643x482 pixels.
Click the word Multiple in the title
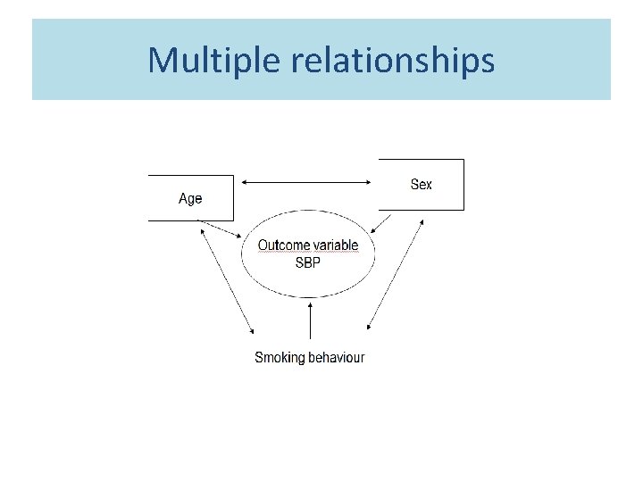point(205,61)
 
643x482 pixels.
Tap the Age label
point(190,198)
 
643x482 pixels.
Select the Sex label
point(421,184)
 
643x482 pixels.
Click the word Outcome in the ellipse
point(283,245)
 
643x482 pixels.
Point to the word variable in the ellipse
point(335,245)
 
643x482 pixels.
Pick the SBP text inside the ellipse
point(308,262)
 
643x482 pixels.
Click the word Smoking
point(280,357)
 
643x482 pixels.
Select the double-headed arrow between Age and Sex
point(307,182)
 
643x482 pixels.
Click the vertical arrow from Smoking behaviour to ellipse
point(309,321)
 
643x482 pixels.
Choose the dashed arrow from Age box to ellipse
point(220,229)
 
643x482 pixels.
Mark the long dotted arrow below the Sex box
point(395,276)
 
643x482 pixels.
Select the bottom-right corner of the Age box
point(233,220)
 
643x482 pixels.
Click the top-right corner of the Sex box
point(463,160)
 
